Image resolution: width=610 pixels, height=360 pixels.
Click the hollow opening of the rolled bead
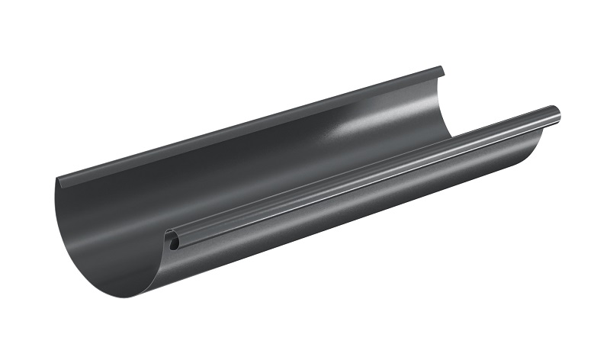pyautogui.click(x=174, y=243)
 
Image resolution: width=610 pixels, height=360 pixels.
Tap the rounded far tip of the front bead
pyautogui.click(x=557, y=114)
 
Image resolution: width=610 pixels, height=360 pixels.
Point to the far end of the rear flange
pyautogui.click(x=440, y=72)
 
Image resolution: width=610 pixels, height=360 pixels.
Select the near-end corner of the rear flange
pyautogui.click(x=59, y=182)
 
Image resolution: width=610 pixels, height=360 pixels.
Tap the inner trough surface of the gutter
pyautogui.click(x=229, y=191)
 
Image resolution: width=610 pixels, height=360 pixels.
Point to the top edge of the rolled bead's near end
pyautogui.click(x=172, y=231)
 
